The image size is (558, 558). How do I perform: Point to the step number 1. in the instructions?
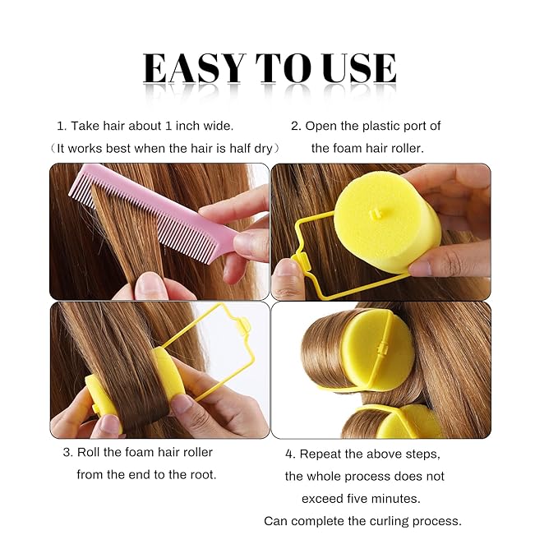coord(61,127)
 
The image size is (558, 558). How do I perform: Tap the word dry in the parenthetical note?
coord(265,149)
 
